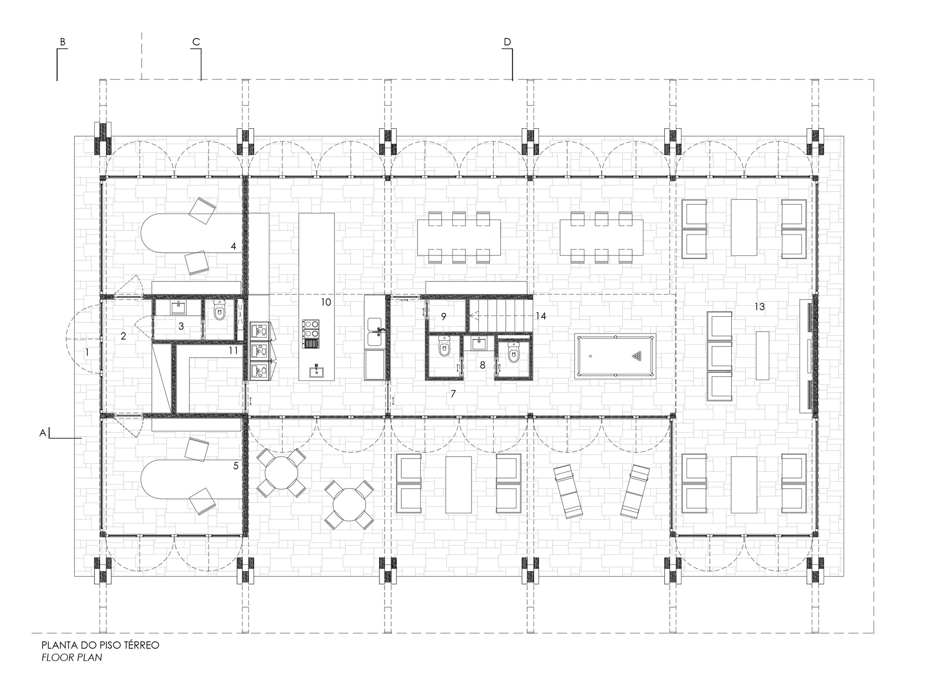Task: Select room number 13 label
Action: pos(759,307)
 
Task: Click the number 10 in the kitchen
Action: pos(326,302)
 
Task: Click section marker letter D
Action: pos(507,42)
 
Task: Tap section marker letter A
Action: pos(42,433)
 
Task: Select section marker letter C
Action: pos(196,42)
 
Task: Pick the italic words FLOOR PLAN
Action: pos(72,657)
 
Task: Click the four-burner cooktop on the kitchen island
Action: pos(312,328)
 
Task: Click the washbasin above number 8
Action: pos(479,344)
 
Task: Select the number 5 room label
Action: pos(236,465)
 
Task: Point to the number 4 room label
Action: pos(234,246)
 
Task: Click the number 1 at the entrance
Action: pos(87,353)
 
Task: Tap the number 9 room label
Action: pos(444,316)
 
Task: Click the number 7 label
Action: pos(453,394)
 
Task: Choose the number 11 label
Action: pos(233,351)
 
